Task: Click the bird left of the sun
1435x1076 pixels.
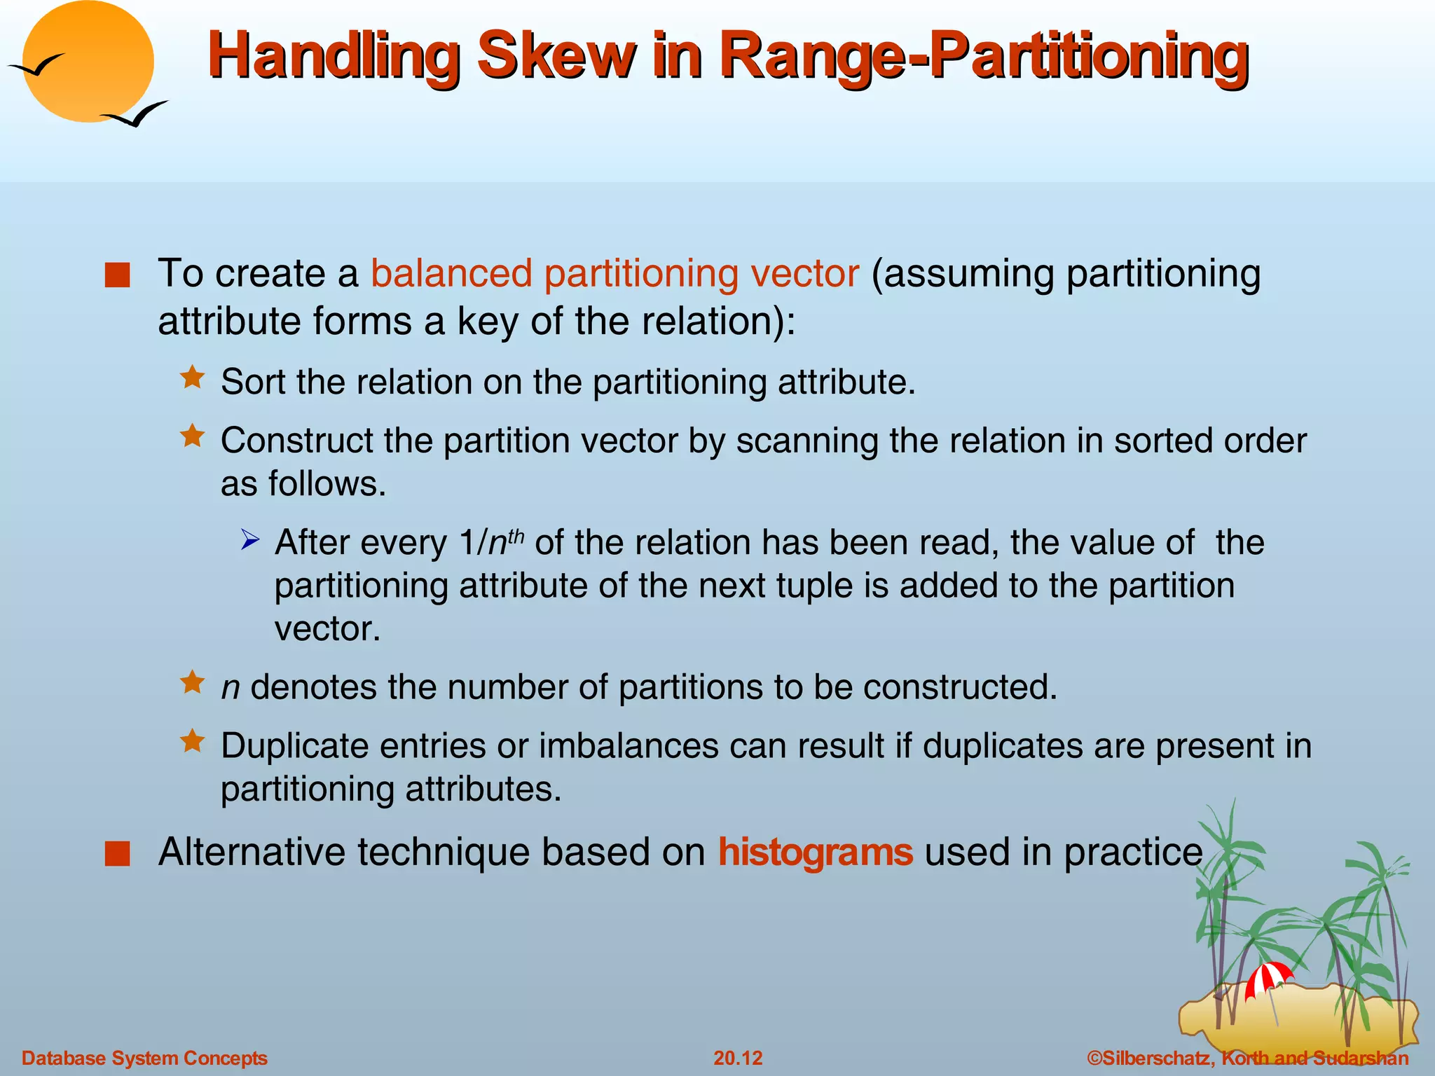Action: (36, 67)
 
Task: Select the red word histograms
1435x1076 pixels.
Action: (815, 853)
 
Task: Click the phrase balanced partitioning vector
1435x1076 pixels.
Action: (614, 273)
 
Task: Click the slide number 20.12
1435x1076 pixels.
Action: (737, 1058)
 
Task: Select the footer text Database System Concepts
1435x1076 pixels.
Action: (144, 1058)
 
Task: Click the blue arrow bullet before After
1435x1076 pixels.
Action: (250, 540)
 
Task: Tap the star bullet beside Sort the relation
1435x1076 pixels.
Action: (192, 378)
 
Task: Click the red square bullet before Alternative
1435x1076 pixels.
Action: (117, 854)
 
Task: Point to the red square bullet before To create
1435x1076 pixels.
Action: (117, 275)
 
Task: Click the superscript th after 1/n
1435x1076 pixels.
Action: (516, 536)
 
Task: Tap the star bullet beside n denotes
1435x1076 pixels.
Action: (192, 682)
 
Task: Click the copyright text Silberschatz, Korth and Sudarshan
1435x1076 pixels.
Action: (1247, 1058)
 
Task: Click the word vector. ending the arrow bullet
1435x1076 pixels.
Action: (327, 629)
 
